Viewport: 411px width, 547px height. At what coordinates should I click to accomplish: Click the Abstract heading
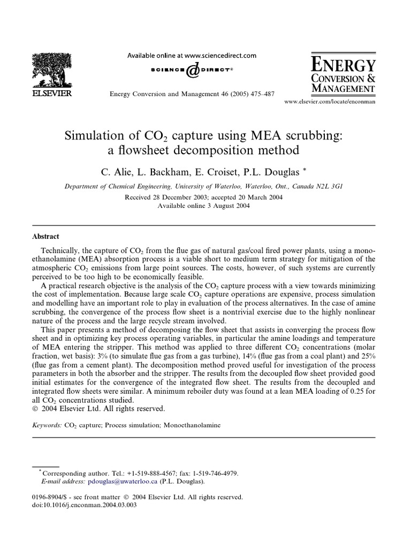click(46, 236)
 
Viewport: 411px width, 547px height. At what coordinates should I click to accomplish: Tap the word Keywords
click(47, 426)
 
